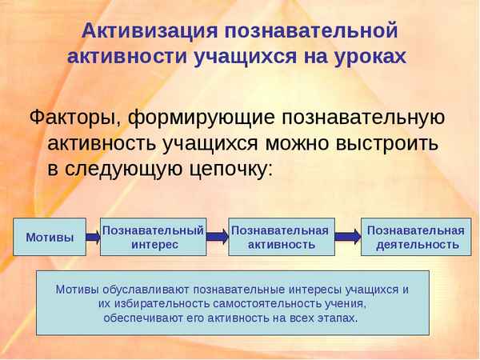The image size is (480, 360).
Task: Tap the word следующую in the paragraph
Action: (x=126, y=170)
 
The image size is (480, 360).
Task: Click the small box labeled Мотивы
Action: (x=50, y=237)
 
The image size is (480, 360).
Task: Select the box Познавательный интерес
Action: (x=154, y=236)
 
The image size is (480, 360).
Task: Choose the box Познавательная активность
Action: (x=280, y=236)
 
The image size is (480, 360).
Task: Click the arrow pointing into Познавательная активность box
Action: (x=217, y=237)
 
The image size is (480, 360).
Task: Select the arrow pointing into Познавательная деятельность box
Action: (x=347, y=237)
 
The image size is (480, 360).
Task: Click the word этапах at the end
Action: (x=338, y=318)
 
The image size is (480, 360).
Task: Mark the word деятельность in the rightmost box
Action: (x=418, y=244)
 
